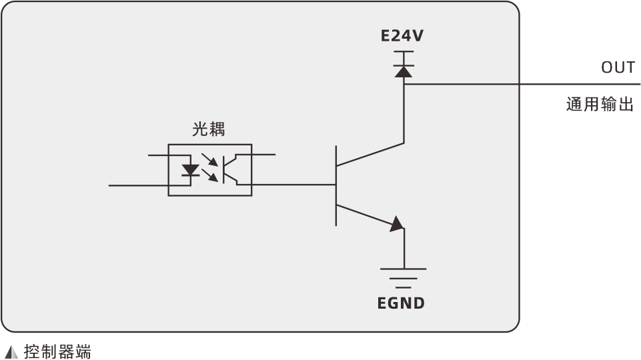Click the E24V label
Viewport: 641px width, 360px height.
[x=402, y=37]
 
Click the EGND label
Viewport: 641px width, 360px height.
[x=401, y=303]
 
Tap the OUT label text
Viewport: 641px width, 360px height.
[x=618, y=67]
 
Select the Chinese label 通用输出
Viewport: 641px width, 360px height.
[x=599, y=105]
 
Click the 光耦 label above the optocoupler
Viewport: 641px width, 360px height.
[x=209, y=129]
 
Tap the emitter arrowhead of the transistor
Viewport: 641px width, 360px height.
[x=397, y=224]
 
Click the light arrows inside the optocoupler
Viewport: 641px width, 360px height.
[x=211, y=168]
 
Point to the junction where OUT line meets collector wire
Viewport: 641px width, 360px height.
[x=404, y=85]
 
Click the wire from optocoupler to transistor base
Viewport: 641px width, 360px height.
[x=293, y=185]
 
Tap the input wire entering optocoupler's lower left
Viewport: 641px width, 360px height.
[x=137, y=185]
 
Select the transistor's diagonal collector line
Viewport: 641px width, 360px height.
[x=370, y=154]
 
